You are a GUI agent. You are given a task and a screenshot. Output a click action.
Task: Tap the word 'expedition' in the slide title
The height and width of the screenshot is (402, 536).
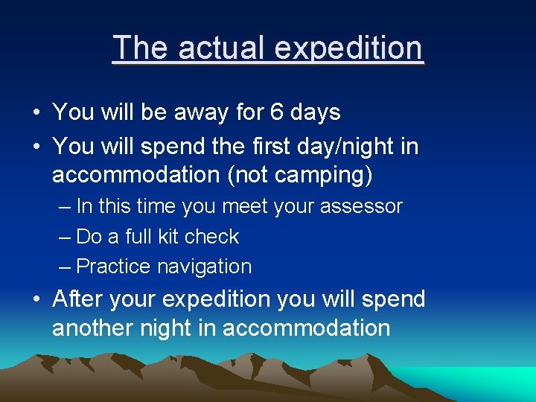pyautogui.click(x=348, y=48)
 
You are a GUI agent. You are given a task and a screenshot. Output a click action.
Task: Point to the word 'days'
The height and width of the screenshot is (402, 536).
pyautogui.click(x=316, y=113)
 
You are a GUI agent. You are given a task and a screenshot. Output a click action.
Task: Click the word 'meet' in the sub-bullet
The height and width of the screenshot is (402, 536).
pyautogui.click(x=242, y=207)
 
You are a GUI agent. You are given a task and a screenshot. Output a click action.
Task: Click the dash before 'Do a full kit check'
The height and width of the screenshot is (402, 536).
pyautogui.click(x=64, y=237)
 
